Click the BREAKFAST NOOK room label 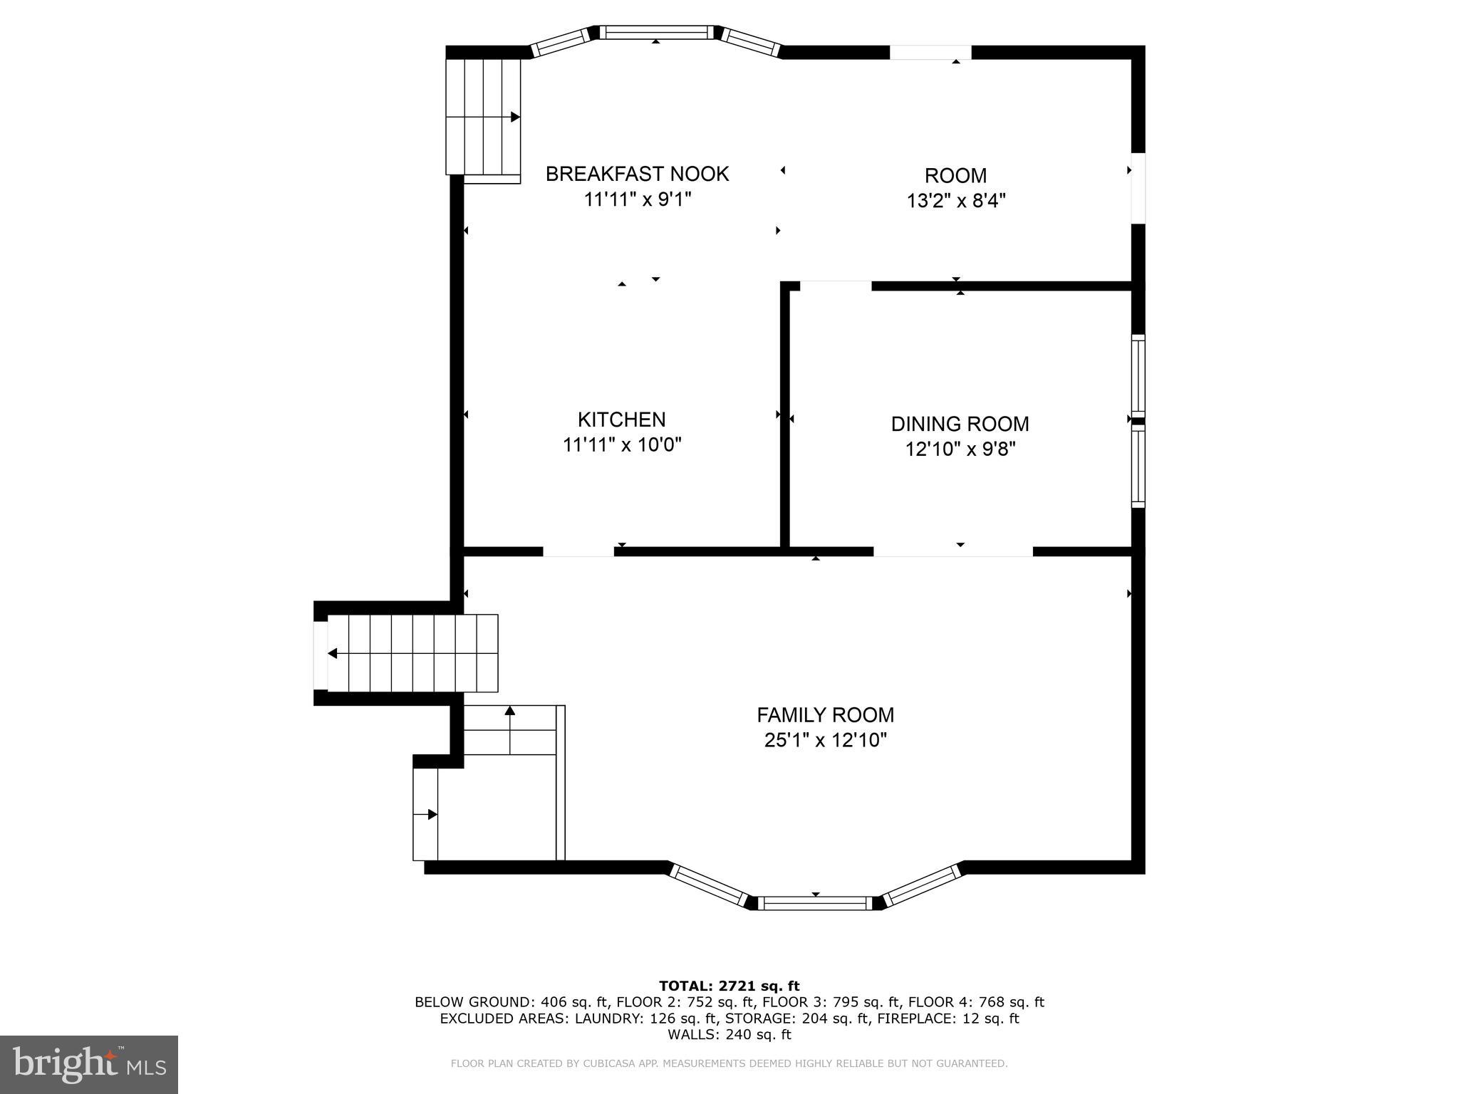point(637,174)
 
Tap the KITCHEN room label point(621,419)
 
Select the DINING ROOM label point(960,424)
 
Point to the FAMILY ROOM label point(825,714)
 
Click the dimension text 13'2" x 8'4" point(955,201)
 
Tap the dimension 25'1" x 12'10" point(825,740)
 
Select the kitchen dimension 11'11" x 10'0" point(622,444)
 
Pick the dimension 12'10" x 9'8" point(960,449)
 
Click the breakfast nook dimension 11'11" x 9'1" point(638,199)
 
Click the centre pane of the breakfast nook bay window point(655,31)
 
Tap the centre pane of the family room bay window point(815,903)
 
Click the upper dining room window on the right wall point(1138,375)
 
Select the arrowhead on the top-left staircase point(515,117)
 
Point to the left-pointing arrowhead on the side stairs point(332,653)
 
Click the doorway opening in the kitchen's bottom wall point(578,551)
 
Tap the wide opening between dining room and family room point(953,551)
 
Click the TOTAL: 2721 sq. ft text point(729,986)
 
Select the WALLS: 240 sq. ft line point(729,1034)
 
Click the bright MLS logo point(89,1065)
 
